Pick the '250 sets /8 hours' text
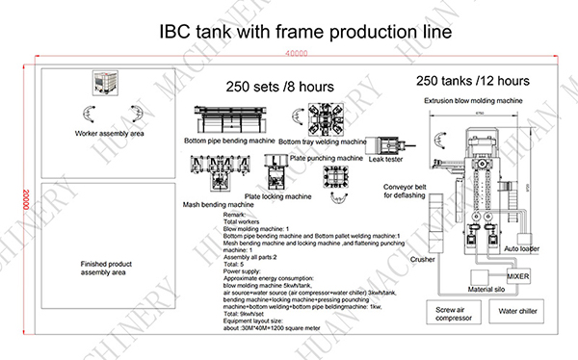point(274,85)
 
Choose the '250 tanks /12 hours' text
point(474,80)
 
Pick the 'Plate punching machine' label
point(327,157)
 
